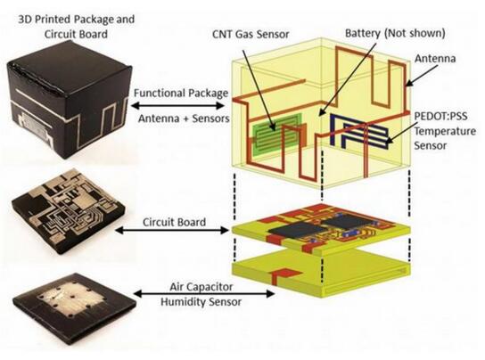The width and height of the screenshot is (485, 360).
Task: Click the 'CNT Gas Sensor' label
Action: [251, 34]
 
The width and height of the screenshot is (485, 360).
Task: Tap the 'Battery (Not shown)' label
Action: [395, 33]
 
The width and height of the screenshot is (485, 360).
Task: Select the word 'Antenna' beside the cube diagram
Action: [435, 59]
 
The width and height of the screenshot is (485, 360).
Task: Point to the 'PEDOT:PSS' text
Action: [440, 117]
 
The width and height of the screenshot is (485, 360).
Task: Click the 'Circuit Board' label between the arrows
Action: [174, 222]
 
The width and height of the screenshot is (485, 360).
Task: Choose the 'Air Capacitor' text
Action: [201, 287]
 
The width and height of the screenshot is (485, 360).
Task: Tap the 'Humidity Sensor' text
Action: [201, 301]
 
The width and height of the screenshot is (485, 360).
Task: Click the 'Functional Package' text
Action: [181, 93]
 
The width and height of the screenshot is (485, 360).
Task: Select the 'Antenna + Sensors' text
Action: [184, 119]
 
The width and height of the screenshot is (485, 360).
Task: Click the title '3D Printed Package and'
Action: [77, 20]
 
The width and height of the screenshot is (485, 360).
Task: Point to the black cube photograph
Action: [69, 103]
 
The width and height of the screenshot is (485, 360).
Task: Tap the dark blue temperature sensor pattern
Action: [358, 130]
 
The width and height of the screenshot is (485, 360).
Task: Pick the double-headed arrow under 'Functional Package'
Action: [177, 106]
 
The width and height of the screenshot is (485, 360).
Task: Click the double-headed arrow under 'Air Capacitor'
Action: [204, 294]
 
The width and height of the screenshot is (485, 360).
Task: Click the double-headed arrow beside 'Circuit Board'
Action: [172, 230]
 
